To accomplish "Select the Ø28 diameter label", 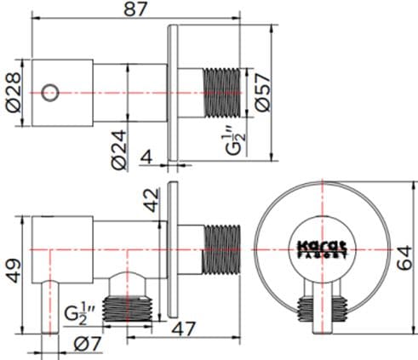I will (11, 86).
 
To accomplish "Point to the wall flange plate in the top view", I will (174, 89).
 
